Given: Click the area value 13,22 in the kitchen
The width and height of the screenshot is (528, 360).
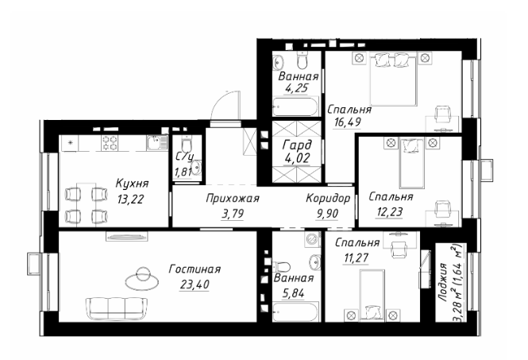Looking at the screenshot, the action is click(130, 199).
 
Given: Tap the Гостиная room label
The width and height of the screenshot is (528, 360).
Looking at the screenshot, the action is click(195, 269).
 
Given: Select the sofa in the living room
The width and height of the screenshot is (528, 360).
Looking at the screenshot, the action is click(117, 308).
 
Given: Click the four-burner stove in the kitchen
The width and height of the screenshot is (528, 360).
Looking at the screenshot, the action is click(110, 143).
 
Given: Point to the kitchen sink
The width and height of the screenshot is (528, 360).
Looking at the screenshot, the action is click(156, 142).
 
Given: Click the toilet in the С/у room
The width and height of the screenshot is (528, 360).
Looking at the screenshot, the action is click(186, 144).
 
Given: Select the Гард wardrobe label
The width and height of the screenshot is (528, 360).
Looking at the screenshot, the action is click(297, 145).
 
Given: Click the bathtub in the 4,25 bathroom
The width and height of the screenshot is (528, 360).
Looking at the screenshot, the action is click(295, 106).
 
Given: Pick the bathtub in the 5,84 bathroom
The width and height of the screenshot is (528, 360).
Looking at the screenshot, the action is click(295, 312).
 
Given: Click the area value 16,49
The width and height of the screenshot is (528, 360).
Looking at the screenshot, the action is click(347, 122).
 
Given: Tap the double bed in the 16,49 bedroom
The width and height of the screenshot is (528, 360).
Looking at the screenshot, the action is click(394, 79).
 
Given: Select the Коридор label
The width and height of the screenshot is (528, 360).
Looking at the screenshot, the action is click(328, 199).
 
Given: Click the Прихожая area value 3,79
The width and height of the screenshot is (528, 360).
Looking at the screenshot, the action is click(233, 214).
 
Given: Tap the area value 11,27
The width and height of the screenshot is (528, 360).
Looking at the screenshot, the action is click(356, 257).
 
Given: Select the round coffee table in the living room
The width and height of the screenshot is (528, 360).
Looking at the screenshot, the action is click(142, 279).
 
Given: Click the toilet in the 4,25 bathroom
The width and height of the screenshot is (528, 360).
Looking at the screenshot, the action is click(302, 60).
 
